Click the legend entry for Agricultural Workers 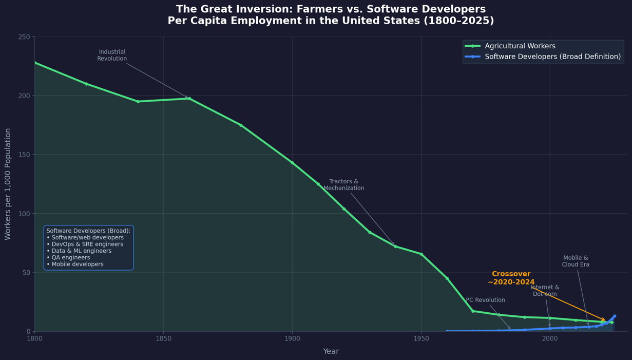tap(520, 46)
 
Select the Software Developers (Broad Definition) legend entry tap(552, 56)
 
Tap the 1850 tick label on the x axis tap(163, 338)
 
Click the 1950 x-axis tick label tap(421, 338)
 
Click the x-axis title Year tap(331, 351)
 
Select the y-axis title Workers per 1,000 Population tap(8, 184)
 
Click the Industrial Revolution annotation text tap(112, 55)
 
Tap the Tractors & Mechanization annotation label tap(344, 185)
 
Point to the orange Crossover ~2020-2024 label tap(511, 278)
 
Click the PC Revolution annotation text tap(485, 300)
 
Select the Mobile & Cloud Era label tap(576, 261)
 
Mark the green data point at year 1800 tap(35, 63)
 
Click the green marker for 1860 tap(189, 99)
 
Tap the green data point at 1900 tap(293, 163)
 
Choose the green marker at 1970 tap(473, 311)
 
